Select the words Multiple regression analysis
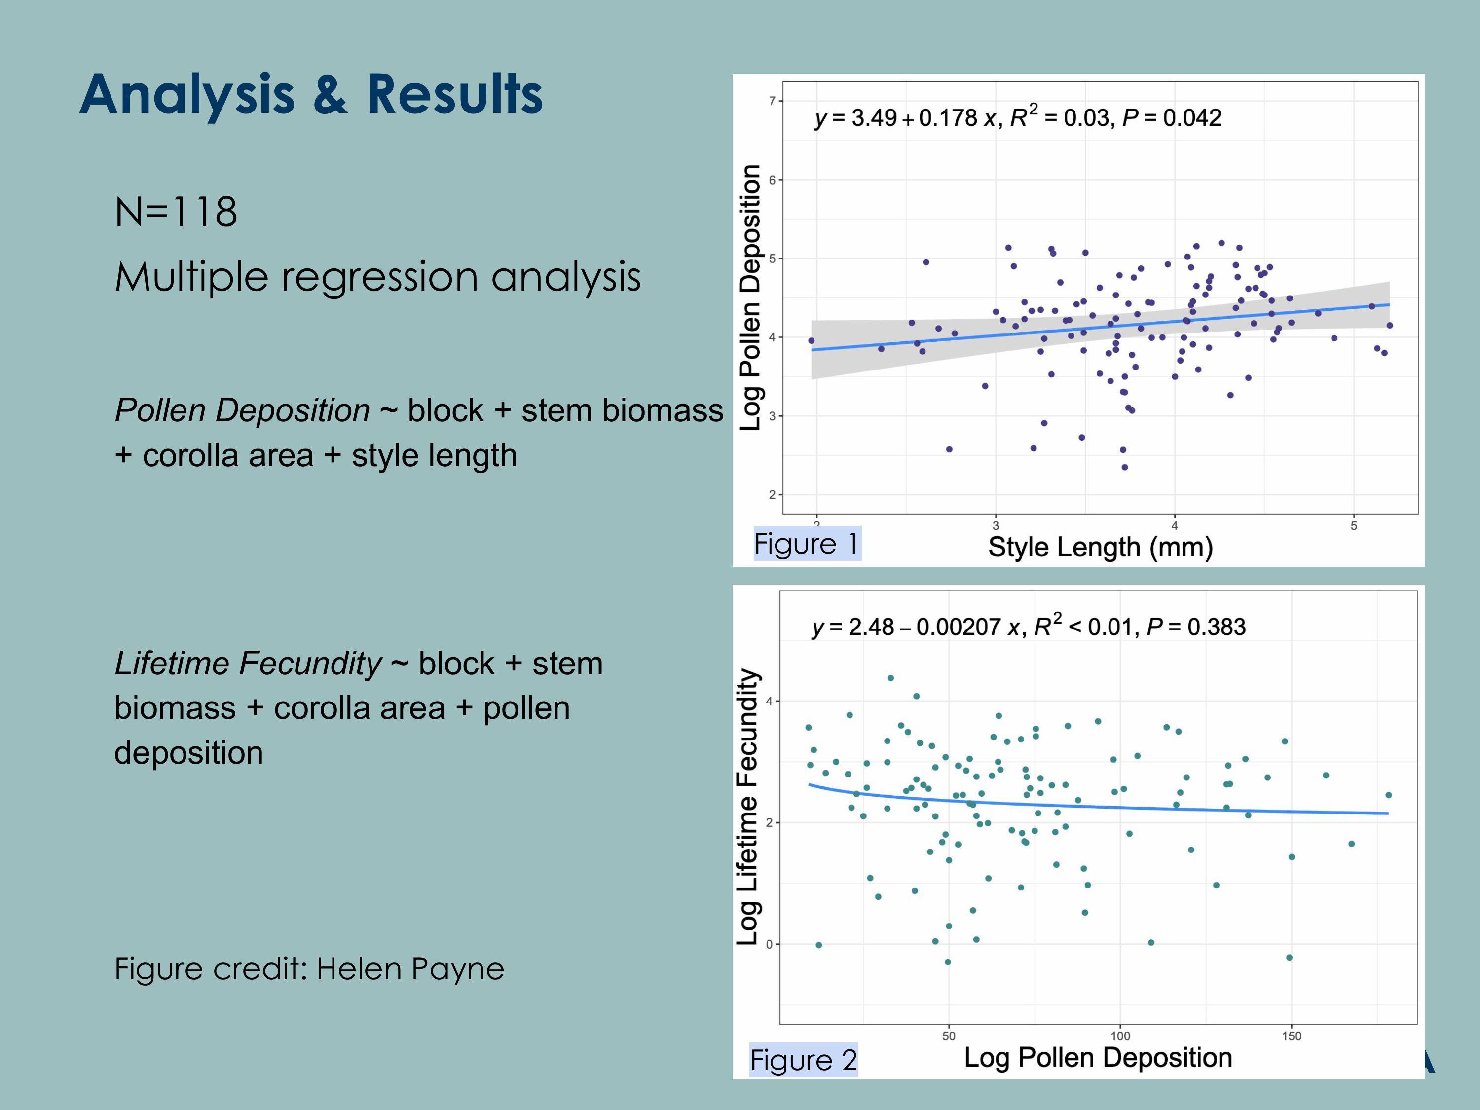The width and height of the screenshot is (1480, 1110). pyautogui.click(x=377, y=276)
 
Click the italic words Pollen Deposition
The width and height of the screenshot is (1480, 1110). pyautogui.click(x=242, y=410)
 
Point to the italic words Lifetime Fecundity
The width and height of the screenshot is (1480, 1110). pyautogui.click(x=248, y=664)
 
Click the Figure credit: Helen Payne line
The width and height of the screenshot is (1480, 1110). pyautogui.click(x=309, y=969)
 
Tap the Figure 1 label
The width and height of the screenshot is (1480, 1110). pyautogui.click(x=806, y=544)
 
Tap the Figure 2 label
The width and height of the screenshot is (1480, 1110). pyautogui.click(x=803, y=1060)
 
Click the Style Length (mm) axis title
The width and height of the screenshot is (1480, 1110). pyautogui.click(x=1101, y=547)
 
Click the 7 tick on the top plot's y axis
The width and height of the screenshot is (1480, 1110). pyautogui.click(x=772, y=101)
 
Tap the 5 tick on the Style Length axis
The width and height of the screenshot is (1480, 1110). pyautogui.click(x=1354, y=526)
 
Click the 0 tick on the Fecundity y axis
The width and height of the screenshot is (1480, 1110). pyautogui.click(x=770, y=944)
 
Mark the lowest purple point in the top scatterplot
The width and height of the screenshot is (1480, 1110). pyautogui.click(x=1125, y=467)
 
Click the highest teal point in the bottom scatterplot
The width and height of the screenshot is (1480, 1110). pyautogui.click(x=890, y=678)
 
